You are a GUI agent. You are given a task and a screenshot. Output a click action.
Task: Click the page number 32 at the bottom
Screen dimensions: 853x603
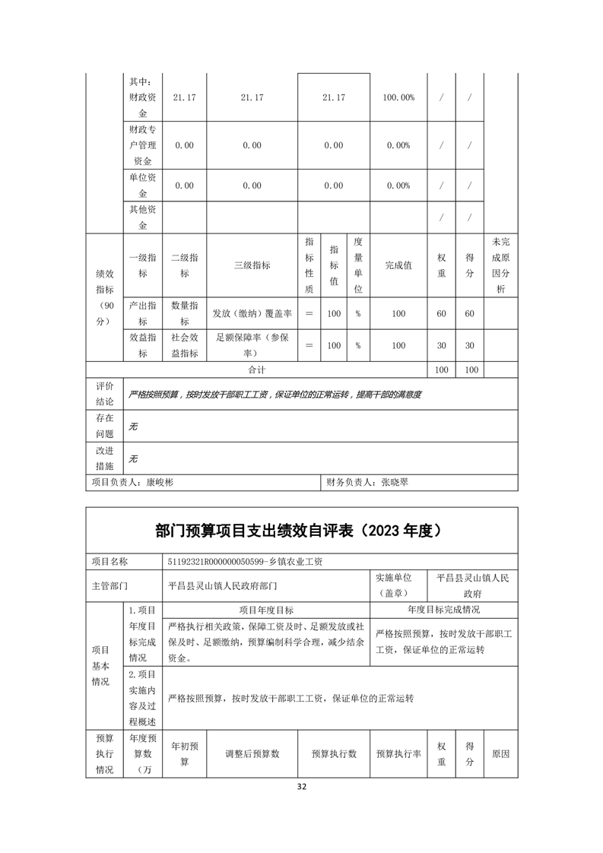302,786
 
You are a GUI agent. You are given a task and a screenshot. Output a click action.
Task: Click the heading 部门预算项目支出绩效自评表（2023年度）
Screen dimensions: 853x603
301,531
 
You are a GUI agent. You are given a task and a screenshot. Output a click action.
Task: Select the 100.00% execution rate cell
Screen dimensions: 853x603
398,97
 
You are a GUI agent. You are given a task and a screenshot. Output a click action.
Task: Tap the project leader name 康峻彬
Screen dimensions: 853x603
160,482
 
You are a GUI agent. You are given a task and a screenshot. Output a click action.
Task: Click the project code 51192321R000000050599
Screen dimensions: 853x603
215,561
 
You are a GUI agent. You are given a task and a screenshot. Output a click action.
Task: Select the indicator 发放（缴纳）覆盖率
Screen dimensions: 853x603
251,313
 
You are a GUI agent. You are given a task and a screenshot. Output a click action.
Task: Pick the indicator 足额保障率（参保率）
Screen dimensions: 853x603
251,346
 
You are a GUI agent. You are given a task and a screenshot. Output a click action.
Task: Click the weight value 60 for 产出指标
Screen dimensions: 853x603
440,313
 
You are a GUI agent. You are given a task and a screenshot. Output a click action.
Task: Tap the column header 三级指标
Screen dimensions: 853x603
251,265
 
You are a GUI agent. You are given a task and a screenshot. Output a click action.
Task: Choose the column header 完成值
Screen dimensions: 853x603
398,265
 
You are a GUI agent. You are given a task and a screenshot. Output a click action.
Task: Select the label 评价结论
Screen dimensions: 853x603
104,394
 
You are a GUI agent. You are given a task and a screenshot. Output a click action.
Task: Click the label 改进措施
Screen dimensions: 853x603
104,458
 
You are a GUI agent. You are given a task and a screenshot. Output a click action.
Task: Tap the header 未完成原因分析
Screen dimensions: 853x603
500,265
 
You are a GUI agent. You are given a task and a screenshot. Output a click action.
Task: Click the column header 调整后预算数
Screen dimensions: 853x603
251,754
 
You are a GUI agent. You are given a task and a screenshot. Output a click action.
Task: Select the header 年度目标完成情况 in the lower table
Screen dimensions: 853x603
443,610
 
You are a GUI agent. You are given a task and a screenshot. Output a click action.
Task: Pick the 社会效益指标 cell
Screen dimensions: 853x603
185,346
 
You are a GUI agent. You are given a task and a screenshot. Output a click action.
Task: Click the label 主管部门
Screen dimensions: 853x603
109,586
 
